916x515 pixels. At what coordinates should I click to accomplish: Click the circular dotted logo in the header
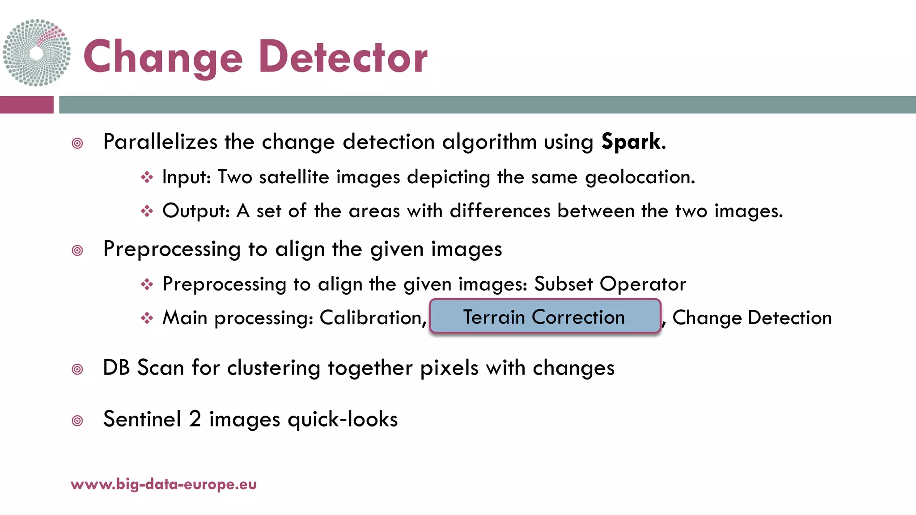[x=36, y=53]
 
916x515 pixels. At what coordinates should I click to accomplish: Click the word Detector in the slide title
[x=343, y=57]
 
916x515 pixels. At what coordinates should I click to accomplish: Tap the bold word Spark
[x=631, y=142]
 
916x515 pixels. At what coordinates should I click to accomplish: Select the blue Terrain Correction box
[x=545, y=317]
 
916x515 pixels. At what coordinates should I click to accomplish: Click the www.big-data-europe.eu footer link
[x=164, y=484]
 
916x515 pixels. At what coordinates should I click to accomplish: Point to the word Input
[x=186, y=177]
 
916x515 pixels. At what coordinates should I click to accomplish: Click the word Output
[x=195, y=211]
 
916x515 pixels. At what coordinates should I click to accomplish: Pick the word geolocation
[x=640, y=177]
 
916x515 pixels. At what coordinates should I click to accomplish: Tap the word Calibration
[x=373, y=318]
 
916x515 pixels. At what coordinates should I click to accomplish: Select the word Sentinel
[x=142, y=419]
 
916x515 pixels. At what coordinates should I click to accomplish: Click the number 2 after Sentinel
[x=195, y=419]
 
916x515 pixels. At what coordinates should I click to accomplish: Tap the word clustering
[x=274, y=368]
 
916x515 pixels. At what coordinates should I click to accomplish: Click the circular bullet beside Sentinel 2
[x=77, y=421]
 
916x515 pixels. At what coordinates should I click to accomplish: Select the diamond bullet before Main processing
[x=147, y=318]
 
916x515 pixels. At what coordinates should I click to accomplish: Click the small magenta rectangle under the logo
[x=26, y=105]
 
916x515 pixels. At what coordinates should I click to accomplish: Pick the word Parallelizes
[x=160, y=142]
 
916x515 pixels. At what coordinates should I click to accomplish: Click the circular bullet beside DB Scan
[x=77, y=369]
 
